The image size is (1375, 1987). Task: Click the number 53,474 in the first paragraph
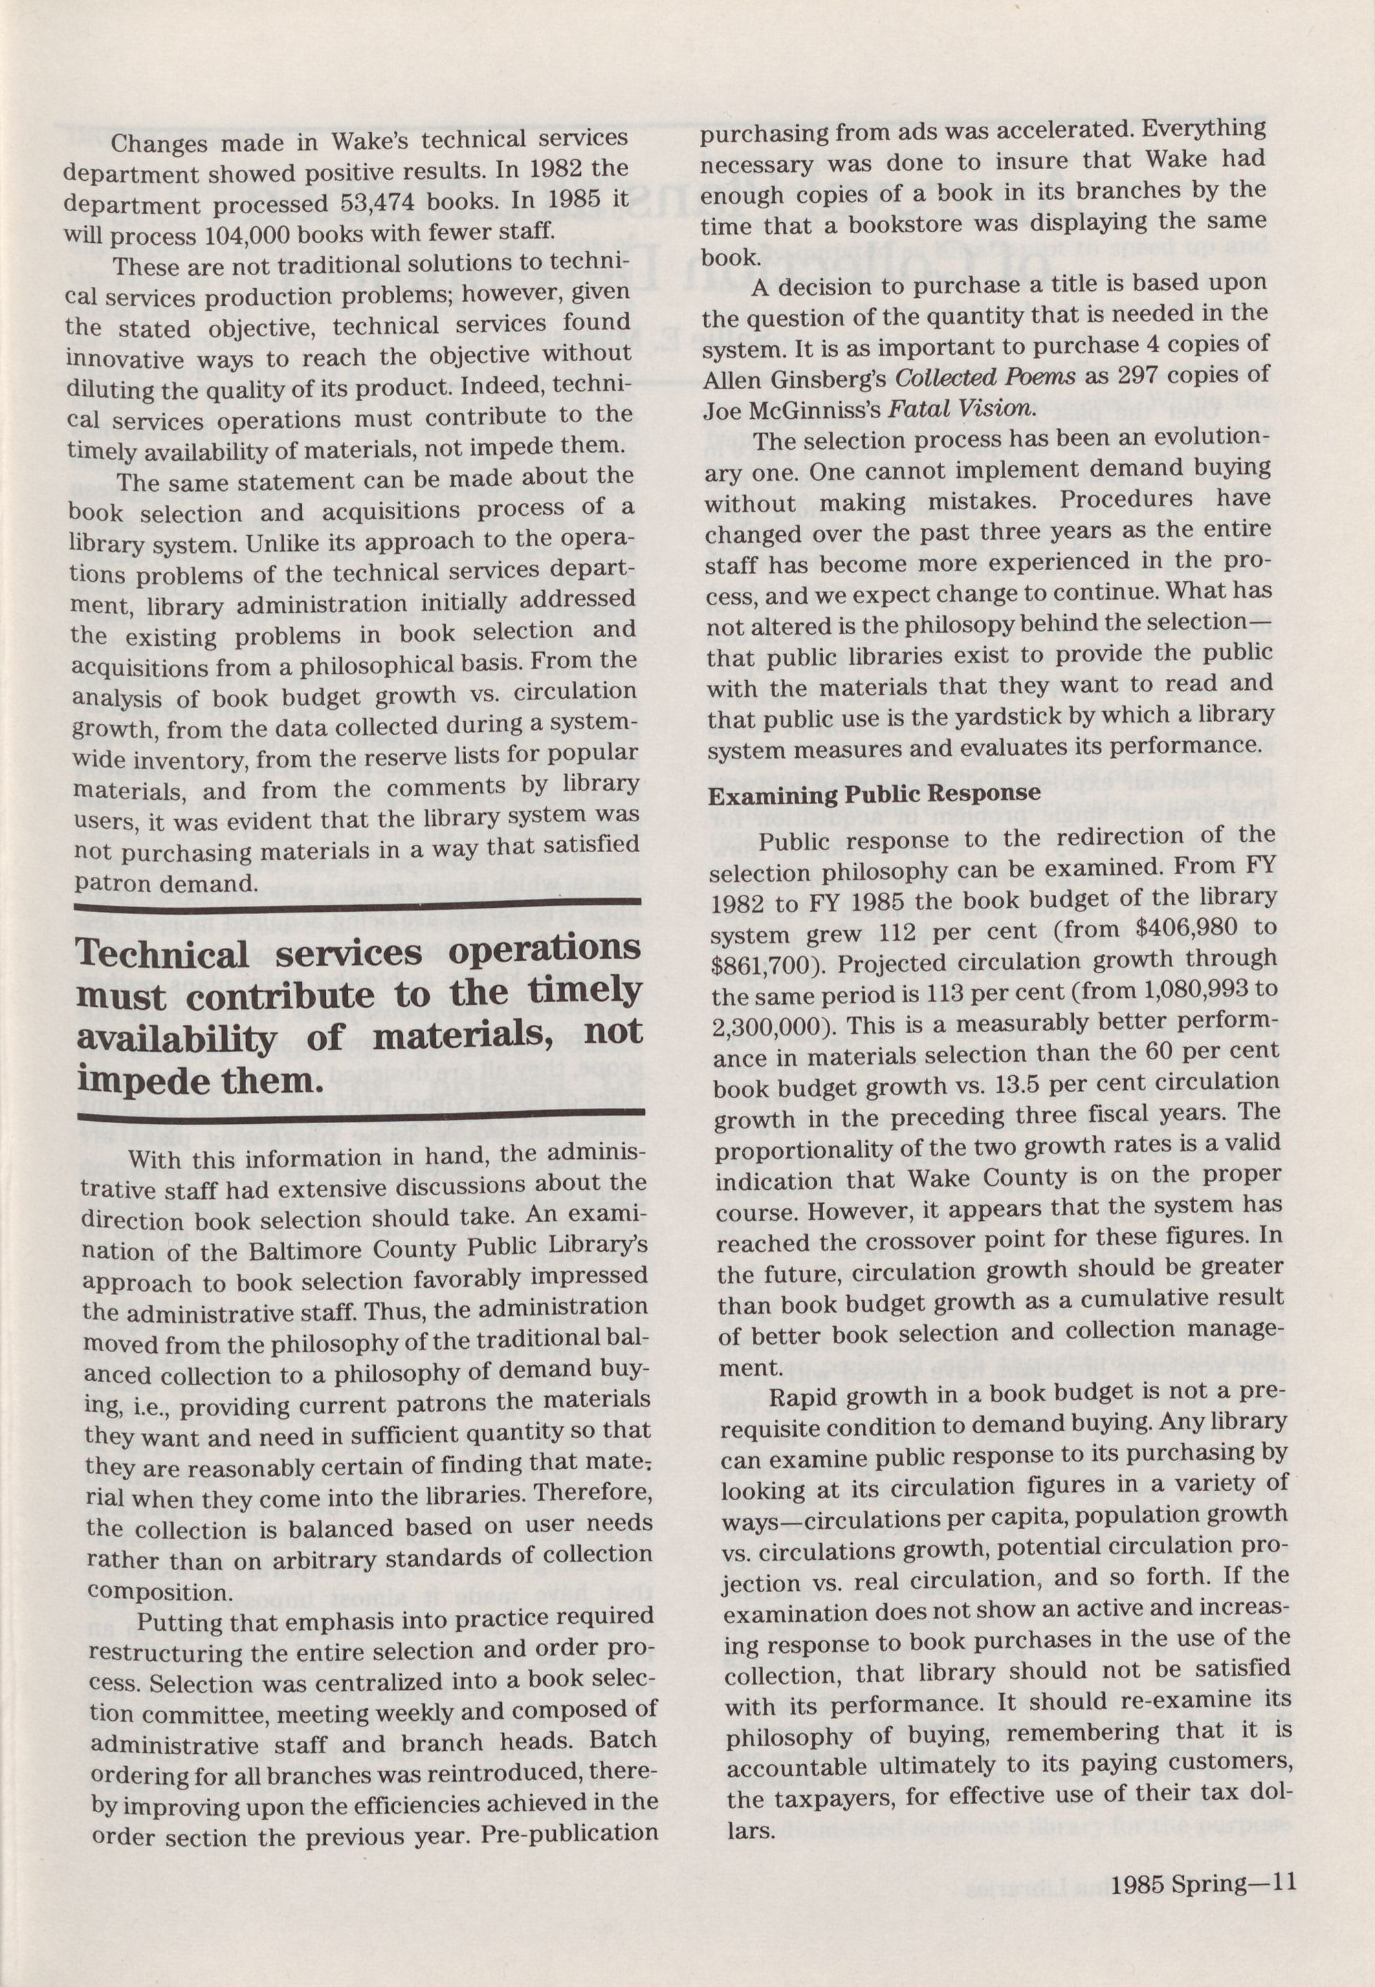377,204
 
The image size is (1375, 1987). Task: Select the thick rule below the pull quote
362,1117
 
